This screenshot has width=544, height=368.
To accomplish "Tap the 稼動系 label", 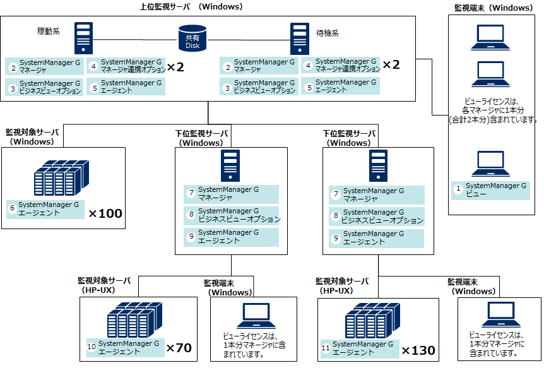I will point(49,32).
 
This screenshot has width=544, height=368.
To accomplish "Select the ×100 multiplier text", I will point(105,213).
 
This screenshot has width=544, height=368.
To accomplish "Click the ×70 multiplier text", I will point(179,348).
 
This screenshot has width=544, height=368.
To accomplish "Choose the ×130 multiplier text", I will point(418,350).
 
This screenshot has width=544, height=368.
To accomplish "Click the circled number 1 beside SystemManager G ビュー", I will point(458,188).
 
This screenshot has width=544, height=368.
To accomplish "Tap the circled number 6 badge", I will point(11,208).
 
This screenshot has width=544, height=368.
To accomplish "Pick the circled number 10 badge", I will point(92,347).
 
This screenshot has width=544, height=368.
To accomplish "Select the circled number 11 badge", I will point(326,348).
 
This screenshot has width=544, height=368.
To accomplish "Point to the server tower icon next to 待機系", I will point(299,39).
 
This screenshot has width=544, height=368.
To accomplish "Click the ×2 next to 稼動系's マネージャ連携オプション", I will point(175,66).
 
